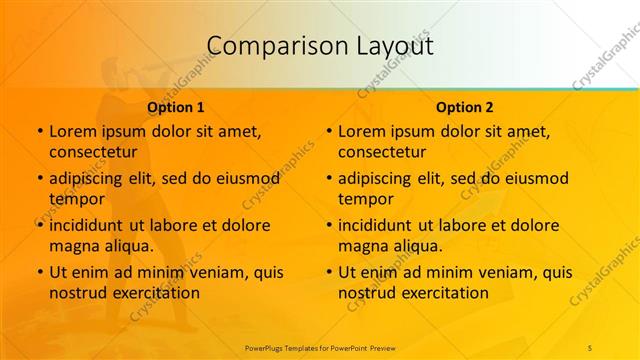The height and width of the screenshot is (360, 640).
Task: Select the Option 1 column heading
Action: pyautogui.click(x=176, y=107)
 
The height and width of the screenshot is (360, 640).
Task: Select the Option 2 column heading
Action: pyautogui.click(x=465, y=107)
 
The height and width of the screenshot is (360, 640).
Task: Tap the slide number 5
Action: pyautogui.click(x=590, y=346)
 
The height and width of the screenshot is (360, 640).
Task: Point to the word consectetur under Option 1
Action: pyautogui.click(x=92, y=152)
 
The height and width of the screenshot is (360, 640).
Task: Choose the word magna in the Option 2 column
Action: pyautogui.click(x=362, y=245)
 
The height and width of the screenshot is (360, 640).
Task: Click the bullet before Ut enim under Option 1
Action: pyautogui.click(x=39, y=272)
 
